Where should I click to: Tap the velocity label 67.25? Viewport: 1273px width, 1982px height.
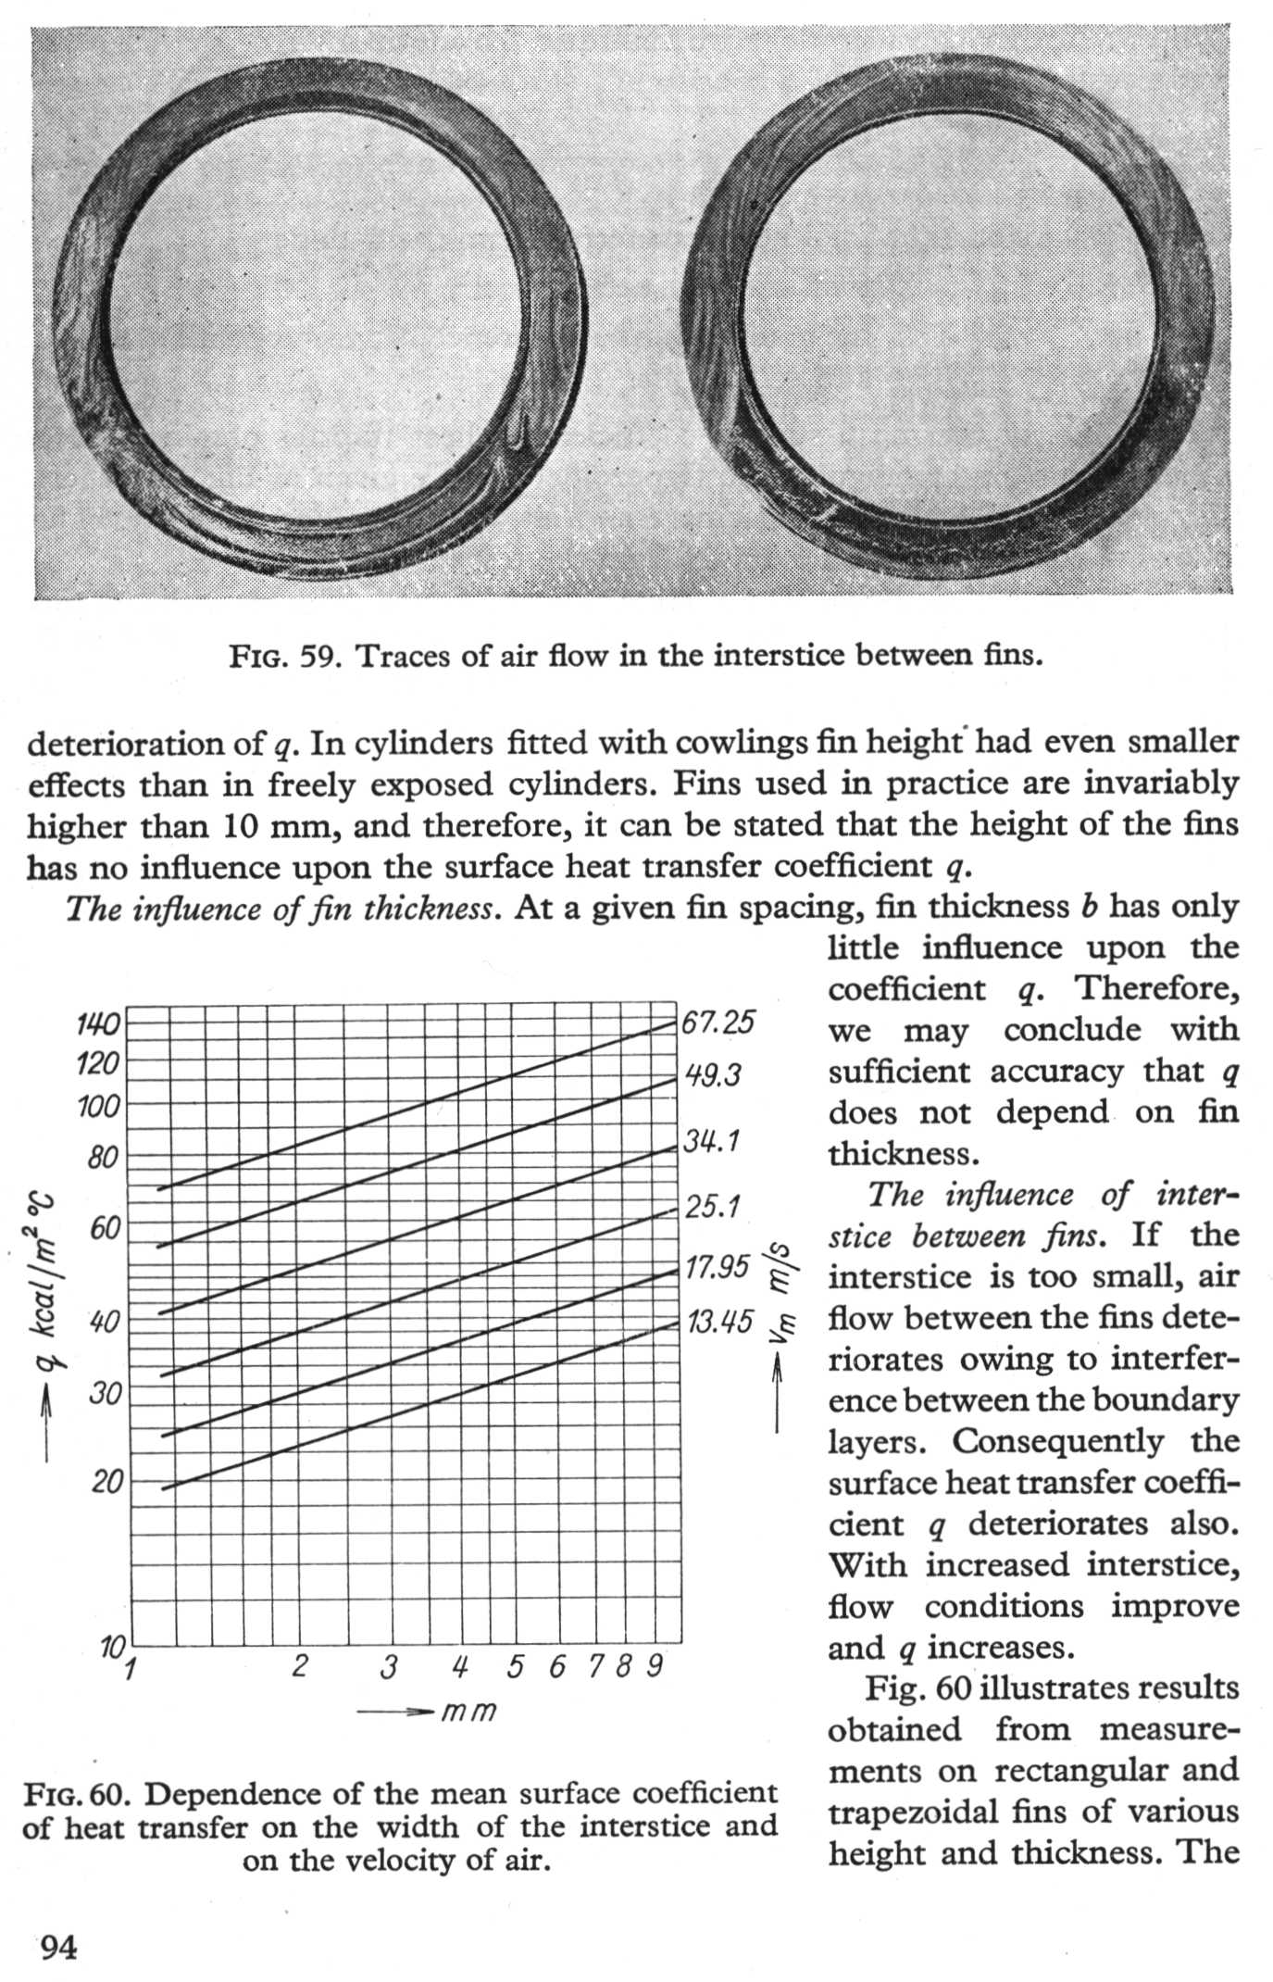718,1022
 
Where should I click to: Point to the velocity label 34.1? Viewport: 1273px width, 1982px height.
711,1141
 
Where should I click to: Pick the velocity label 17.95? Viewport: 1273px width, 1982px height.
717,1266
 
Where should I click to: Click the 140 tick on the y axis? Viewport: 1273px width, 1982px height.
97,1024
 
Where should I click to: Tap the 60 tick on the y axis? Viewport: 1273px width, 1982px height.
104,1229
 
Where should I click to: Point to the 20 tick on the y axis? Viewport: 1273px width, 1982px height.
106,1482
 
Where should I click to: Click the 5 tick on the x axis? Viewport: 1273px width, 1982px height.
516,1666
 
